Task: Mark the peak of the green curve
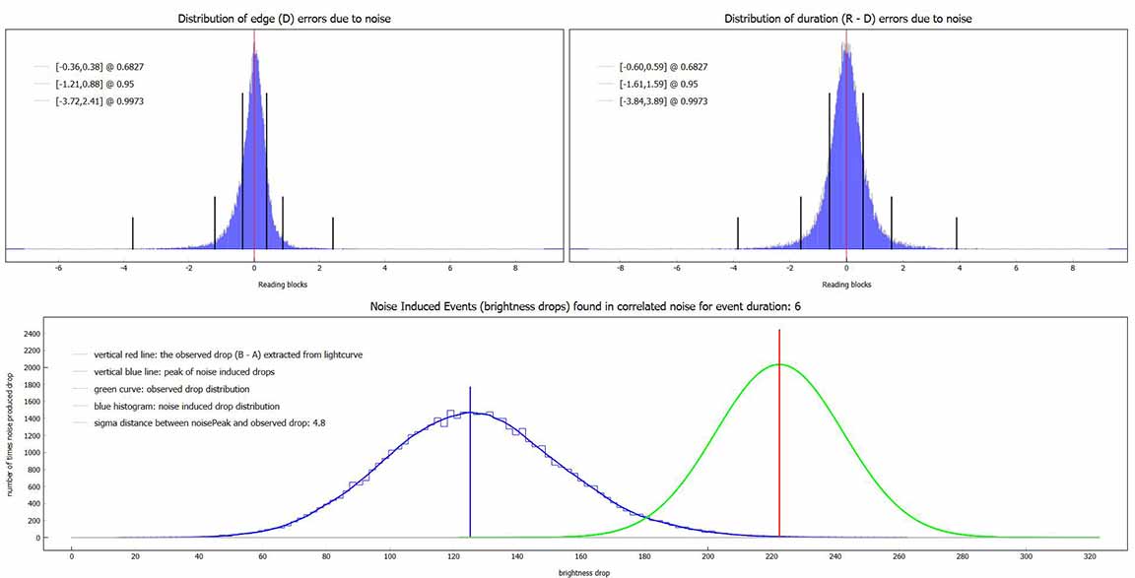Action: pyautogui.click(x=778, y=364)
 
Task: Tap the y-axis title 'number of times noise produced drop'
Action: pyautogui.click(x=11, y=433)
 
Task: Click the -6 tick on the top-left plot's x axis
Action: pyautogui.click(x=58, y=269)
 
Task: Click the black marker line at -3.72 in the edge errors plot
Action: pyautogui.click(x=133, y=232)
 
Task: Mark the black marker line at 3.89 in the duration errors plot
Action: pyautogui.click(x=957, y=232)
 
